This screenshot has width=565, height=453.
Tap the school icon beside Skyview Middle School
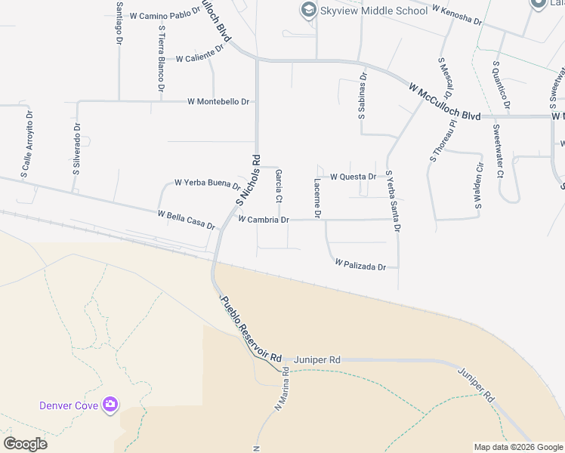pyautogui.click(x=307, y=10)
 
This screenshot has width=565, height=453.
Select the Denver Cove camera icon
pyautogui.click(x=110, y=405)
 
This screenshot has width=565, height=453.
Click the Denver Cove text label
pyautogui.click(x=69, y=405)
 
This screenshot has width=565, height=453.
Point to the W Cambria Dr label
pyautogui.click(x=263, y=220)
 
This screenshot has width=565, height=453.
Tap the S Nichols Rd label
pyautogui.click(x=248, y=181)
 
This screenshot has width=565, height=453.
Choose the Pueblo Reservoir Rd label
pyautogui.click(x=250, y=328)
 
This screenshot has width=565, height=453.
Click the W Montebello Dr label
pyautogui.click(x=219, y=101)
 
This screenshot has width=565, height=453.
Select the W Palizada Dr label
pyautogui.click(x=360, y=265)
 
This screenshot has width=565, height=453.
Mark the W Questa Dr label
pyautogui.click(x=354, y=177)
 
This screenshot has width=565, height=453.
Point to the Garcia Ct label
pyautogui.click(x=279, y=186)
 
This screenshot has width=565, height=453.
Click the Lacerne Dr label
pyautogui.click(x=318, y=199)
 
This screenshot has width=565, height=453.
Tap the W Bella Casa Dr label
pyautogui.click(x=187, y=220)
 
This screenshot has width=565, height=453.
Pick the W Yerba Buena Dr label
pyautogui.click(x=207, y=183)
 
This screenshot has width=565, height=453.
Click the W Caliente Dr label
pyautogui.click(x=199, y=53)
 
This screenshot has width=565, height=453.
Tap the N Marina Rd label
pyautogui.click(x=280, y=389)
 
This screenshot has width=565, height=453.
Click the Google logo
pyautogui.click(x=25, y=444)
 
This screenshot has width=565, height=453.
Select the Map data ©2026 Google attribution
pyautogui.click(x=517, y=447)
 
